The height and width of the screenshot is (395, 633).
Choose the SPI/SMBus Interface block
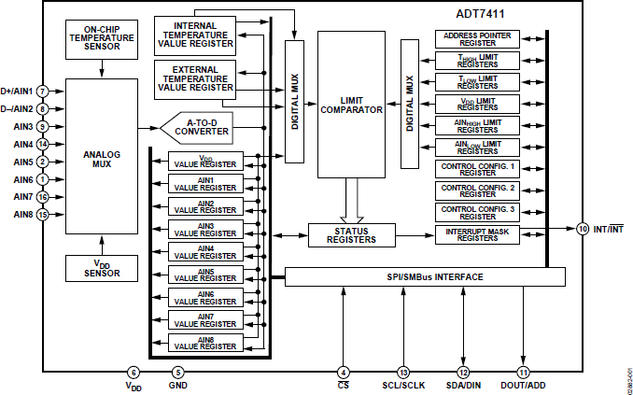click(x=424, y=277)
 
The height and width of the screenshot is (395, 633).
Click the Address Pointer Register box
click(x=477, y=39)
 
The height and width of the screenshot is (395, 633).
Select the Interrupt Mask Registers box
click(x=477, y=234)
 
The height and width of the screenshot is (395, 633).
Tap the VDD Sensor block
click(x=102, y=267)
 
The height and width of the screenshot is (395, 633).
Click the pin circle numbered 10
click(x=583, y=229)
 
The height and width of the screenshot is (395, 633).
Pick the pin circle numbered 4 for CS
click(x=344, y=373)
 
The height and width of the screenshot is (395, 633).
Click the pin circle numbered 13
click(x=403, y=373)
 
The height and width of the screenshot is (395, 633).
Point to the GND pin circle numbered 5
click(x=177, y=373)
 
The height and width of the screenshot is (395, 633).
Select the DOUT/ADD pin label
click(x=523, y=386)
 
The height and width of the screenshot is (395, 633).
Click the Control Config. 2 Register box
click(x=477, y=190)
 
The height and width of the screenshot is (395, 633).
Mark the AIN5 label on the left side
click(x=23, y=162)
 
